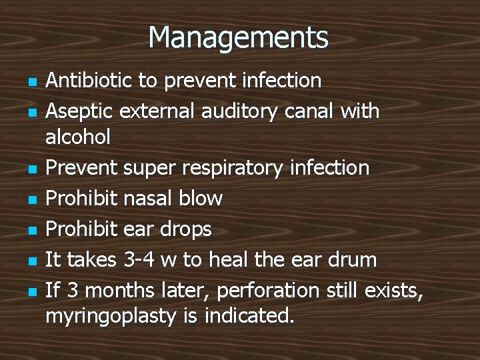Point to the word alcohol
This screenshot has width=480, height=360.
[78, 139]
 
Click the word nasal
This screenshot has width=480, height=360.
[154, 198]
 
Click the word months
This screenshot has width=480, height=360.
[123, 290]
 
